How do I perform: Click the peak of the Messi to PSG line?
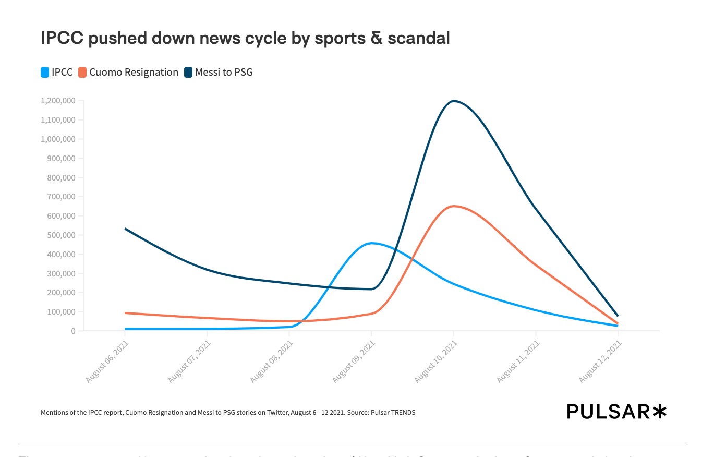(454, 101)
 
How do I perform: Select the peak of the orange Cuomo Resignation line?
(454, 206)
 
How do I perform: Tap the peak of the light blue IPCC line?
(371, 243)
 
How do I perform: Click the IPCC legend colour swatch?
(45, 73)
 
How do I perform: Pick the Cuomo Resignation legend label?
(134, 73)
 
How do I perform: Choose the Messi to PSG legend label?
(224, 73)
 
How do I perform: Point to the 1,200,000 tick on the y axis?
(58, 101)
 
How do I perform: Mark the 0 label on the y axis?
(73, 331)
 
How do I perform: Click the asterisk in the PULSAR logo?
(659, 412)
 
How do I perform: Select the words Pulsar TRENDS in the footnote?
(393, 413)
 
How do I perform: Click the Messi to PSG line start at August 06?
(125, 228)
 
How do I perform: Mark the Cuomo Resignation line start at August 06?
(125, 313)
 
